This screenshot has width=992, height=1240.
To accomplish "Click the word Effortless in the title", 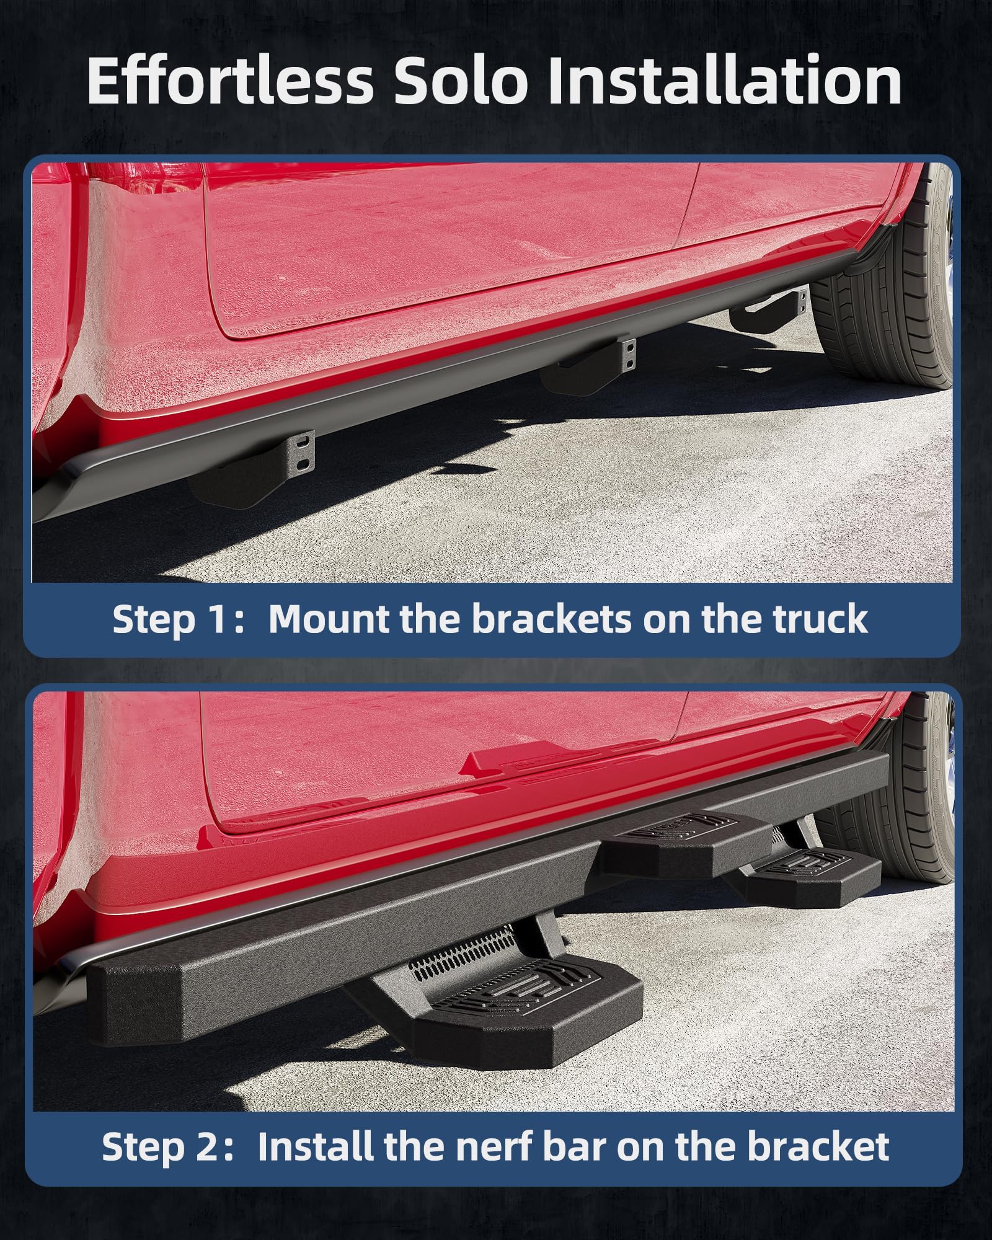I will [x=229, y=81].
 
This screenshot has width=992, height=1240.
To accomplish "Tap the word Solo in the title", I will [x=460, y=81].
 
